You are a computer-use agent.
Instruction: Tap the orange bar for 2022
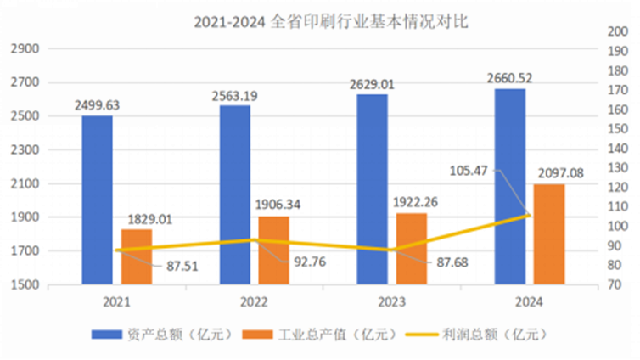tap(273, 250)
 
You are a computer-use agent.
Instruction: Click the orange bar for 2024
tap(548, 233)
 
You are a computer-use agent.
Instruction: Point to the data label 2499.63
tap(97, 105)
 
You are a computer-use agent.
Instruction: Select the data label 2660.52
tap(510, 78)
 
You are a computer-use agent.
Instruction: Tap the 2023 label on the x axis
tap(391, 302)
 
